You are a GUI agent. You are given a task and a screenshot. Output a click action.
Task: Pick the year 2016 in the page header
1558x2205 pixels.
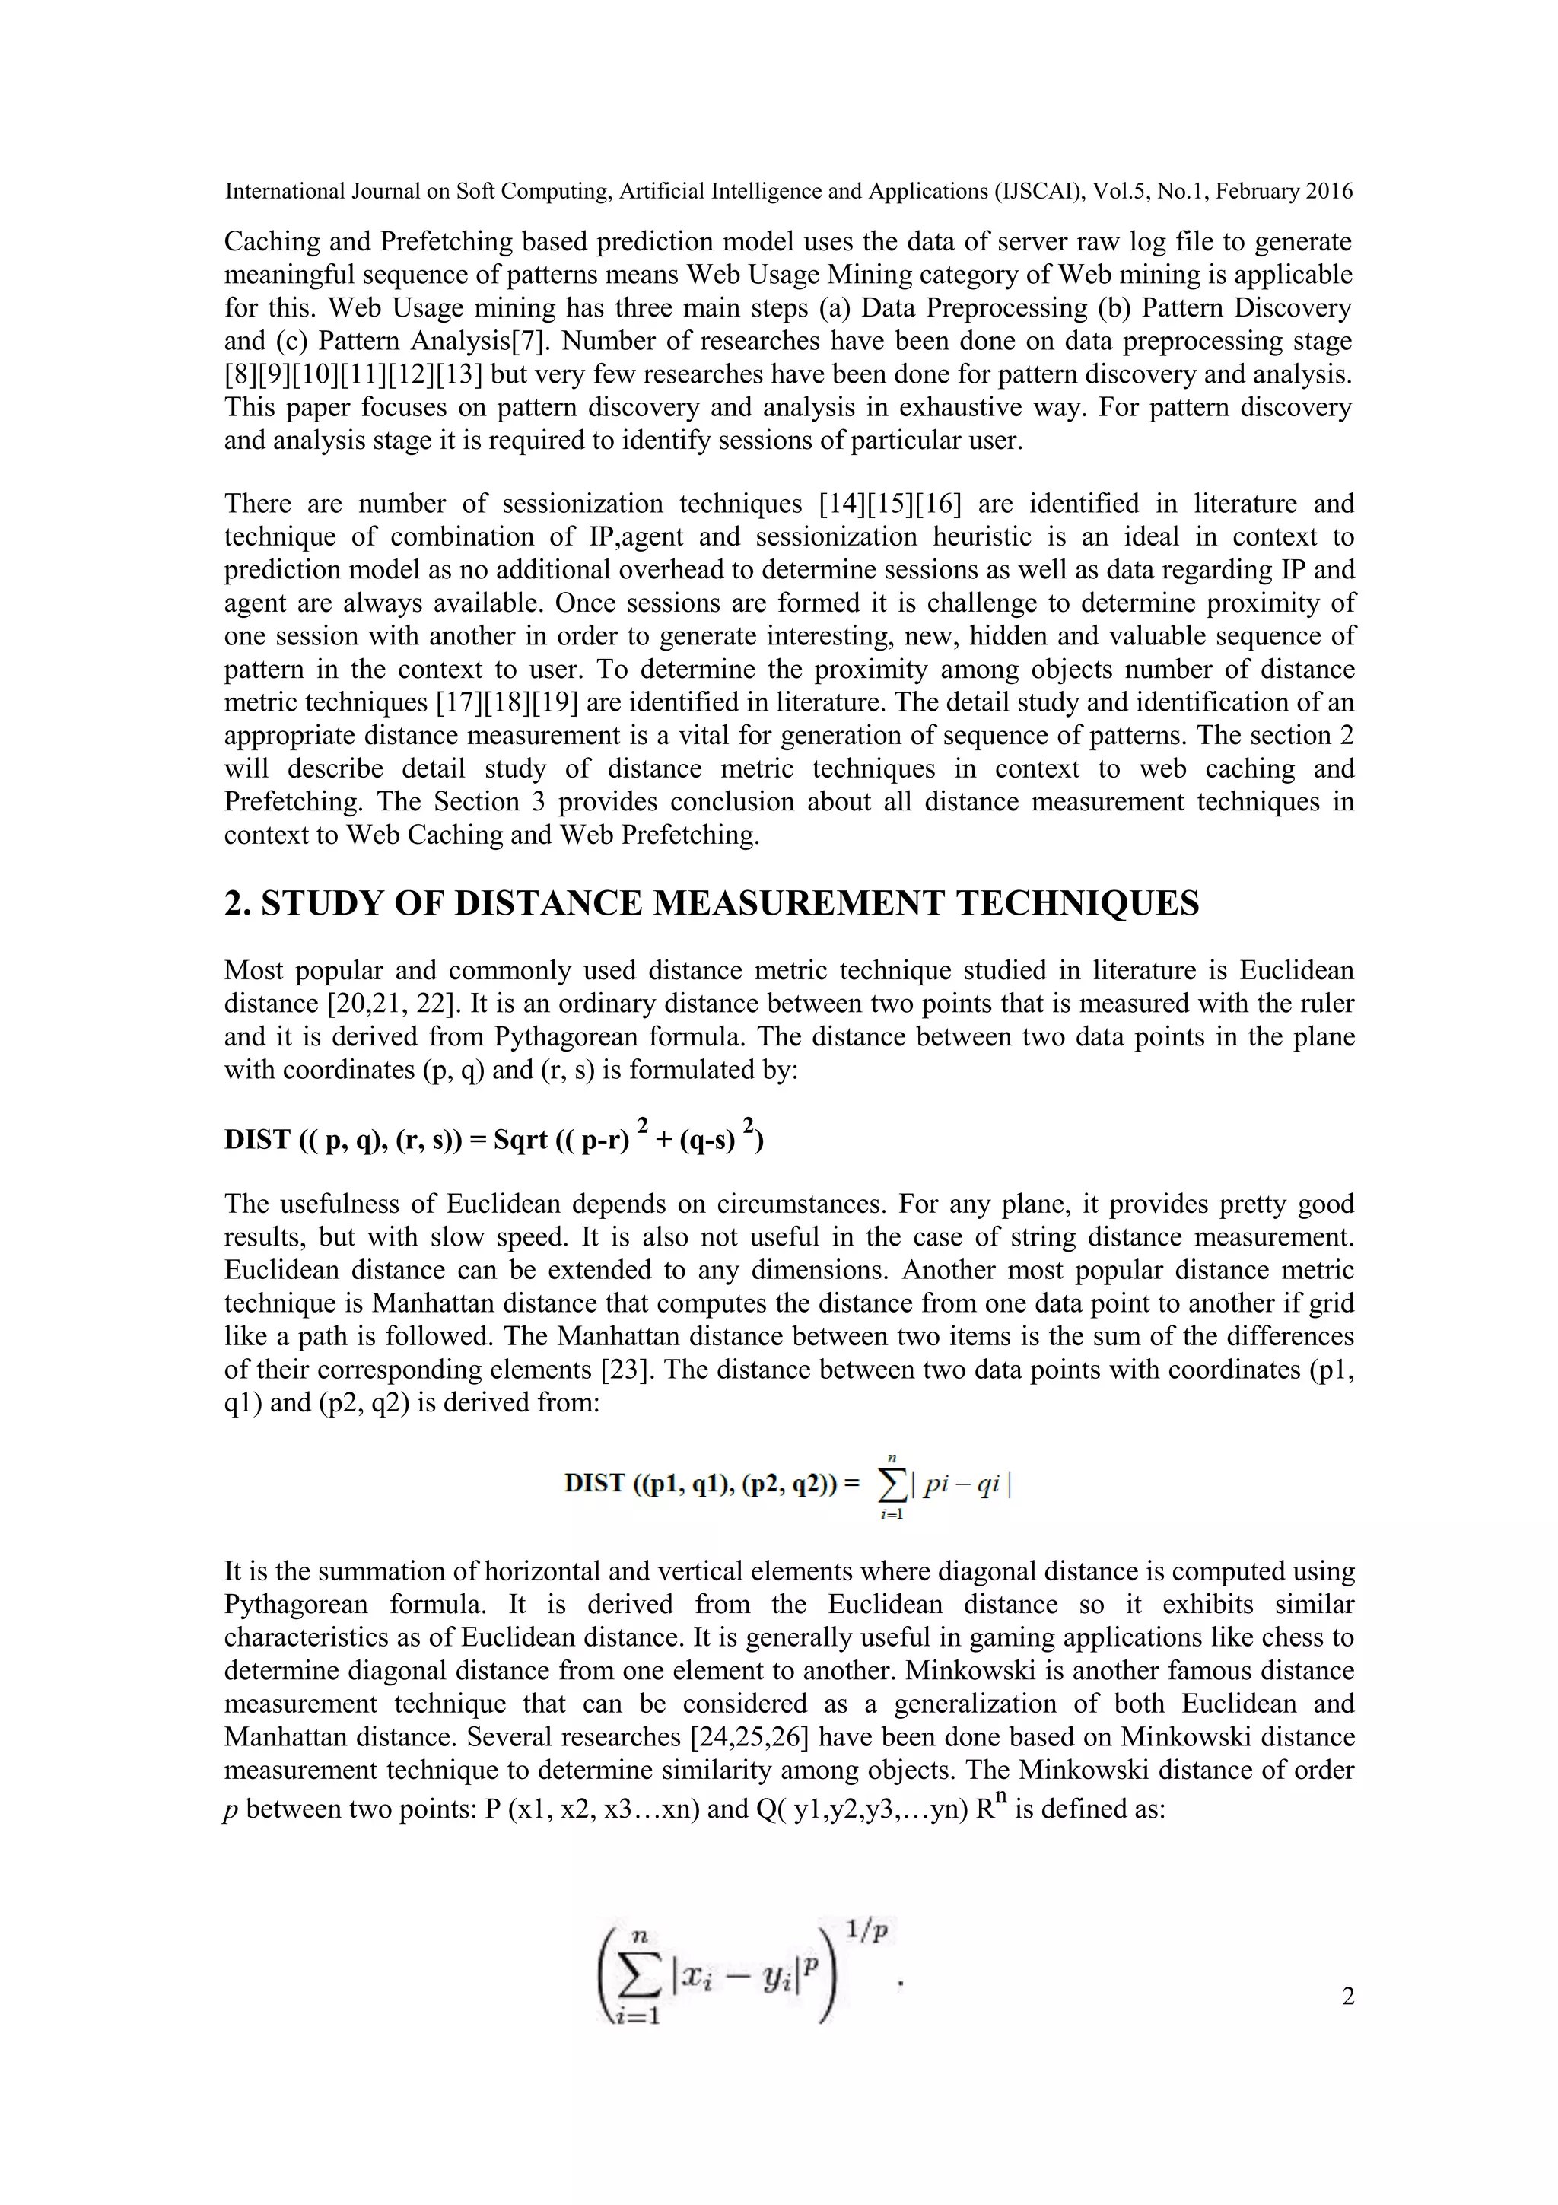(1328, 191)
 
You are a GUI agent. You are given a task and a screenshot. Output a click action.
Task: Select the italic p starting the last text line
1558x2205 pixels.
(231, 1810)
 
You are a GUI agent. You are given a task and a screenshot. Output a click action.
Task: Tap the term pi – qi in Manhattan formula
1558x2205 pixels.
(961, 1484)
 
